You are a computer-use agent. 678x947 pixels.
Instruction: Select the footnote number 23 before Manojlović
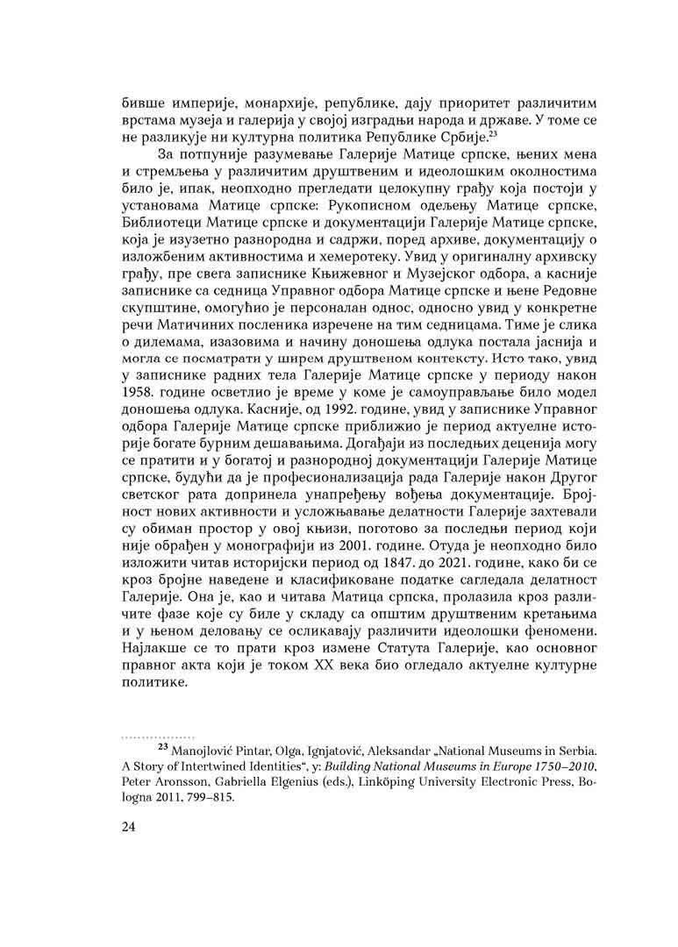tap(162, 748)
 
